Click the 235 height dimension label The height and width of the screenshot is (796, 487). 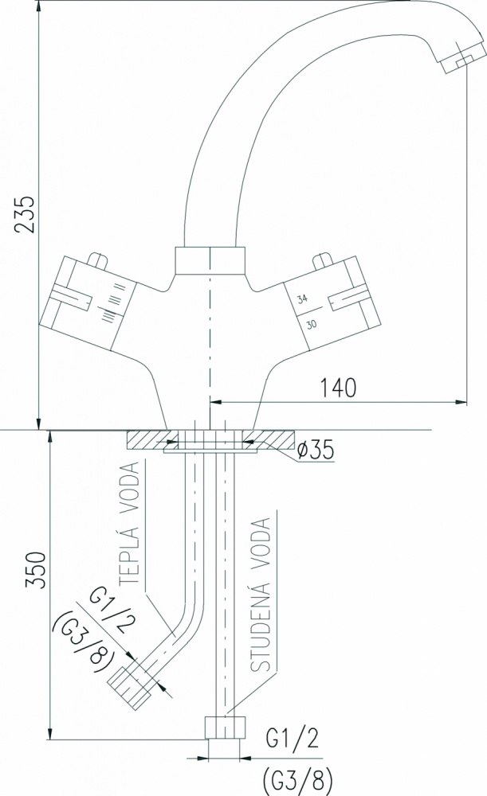pyautogui.click(x=26, y=214)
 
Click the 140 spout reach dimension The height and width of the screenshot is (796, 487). pyautogui.click(x=338, y=388)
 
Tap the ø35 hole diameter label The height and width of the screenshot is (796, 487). pyautogui.click(x=315, y=449)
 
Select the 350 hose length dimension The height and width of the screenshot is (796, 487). pyautogui.click(x=37, y=570)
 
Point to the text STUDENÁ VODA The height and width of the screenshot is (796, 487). pyautogui.click(x=261, y=595)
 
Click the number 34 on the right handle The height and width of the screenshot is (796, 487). pyautogui.click(x=302, y=298)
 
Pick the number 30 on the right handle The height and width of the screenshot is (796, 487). pyautogui.click(x=311, y=324)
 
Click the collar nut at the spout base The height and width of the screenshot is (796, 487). pyautogui.click(x=210, y=260)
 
